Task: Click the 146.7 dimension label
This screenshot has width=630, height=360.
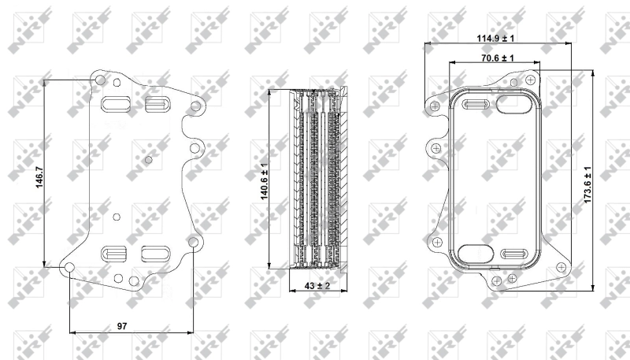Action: pos(39,177)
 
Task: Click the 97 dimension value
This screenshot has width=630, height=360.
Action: pos(122,326)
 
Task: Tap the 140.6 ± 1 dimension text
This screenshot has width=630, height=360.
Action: pos(264,181)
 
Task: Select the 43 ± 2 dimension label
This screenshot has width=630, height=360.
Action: pos(317,286)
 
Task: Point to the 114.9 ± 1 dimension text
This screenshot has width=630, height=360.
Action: pos(495,38)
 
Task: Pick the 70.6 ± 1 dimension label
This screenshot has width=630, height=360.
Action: pos(498,58)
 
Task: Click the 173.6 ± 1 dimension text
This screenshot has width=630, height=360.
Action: pos(587,184)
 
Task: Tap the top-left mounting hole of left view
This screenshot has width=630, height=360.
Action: pos(100,80)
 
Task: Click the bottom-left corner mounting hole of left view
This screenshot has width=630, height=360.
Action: pos(69,268)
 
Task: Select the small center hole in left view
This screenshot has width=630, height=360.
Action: pos(148,160)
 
